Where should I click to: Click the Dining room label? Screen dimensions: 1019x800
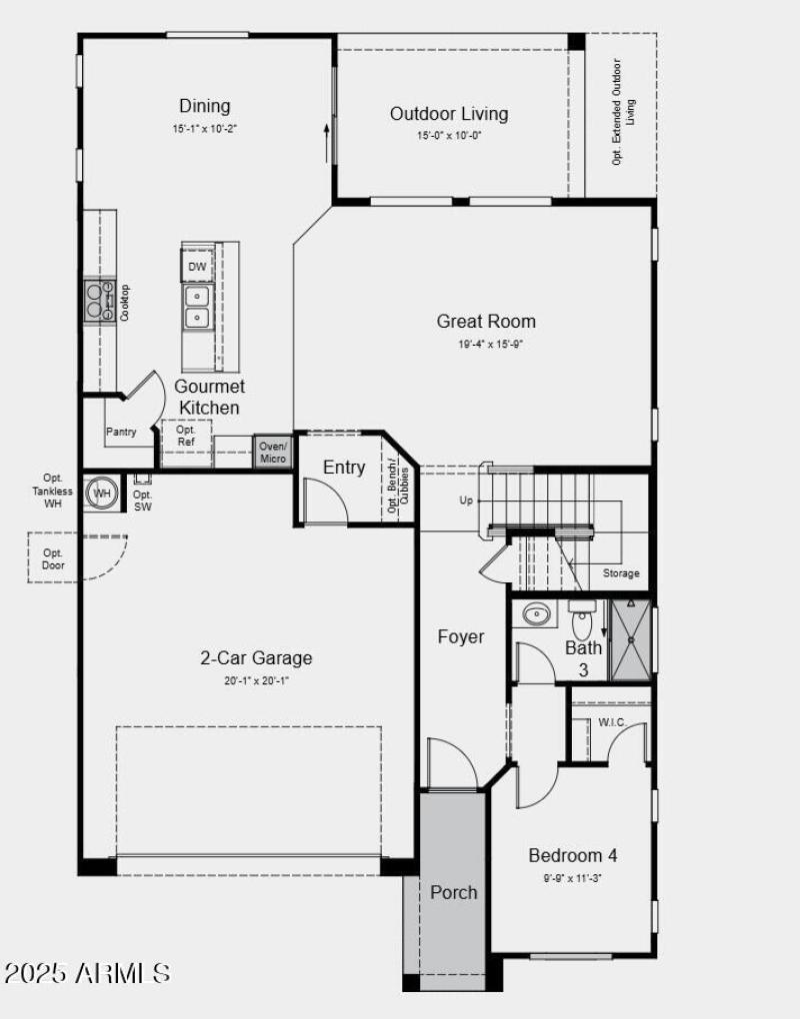[x=205, y=106]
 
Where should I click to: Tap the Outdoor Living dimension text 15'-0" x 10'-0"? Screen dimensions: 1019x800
[x=449, y=136]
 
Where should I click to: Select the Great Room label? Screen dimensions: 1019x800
[x=486, y=321]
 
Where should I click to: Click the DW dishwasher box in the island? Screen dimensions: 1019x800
[x=197, y=267]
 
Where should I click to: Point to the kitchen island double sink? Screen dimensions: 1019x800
[x=197, y=306]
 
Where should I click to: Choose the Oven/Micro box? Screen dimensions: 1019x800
[x=273, y=452]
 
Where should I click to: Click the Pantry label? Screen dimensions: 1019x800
[x=121, y=432]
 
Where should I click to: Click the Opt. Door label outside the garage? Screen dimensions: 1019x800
[x=53, y=558]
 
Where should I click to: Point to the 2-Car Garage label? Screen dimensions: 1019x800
[x=256, y=658]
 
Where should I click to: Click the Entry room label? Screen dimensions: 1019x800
[x=344, y=468]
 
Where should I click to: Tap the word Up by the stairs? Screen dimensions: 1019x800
[x=466, y=501]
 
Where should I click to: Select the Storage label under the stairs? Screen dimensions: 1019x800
[x=620, y=573]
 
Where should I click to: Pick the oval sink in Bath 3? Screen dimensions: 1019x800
[x=536, y=613]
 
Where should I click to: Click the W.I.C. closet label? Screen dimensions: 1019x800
[x=612, y=721]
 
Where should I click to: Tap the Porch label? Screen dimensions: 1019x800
[x=454, y=892]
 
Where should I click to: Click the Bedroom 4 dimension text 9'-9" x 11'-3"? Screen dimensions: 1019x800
[x=572, y=878]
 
